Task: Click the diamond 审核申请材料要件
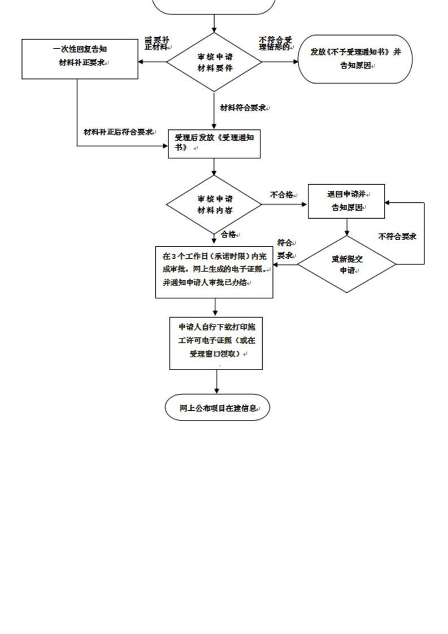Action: point(214,62)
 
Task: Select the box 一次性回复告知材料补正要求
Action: point(80,59)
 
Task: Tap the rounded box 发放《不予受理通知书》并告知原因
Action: point(355,59)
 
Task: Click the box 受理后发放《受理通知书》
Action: point(214,144)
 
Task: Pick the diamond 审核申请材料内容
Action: point(214,204)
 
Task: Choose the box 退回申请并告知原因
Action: point(346,201)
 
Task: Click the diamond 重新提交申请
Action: point(347,264)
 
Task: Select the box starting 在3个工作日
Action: point(214,272)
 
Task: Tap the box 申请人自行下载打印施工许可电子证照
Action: point(216,343)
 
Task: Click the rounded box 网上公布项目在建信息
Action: point(217,407)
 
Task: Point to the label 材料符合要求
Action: point(243,107)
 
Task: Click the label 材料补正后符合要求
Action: point(119,132)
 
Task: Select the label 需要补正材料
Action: point(156,44)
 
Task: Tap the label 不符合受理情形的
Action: point(275,44)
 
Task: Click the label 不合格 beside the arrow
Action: point(281,194)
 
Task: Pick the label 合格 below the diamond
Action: point(229,234)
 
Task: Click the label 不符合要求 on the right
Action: point(397,236)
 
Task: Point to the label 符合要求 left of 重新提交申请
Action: point(286,249)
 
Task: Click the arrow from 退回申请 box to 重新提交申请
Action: point(347,227)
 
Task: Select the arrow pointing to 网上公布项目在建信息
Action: point(216,382)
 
